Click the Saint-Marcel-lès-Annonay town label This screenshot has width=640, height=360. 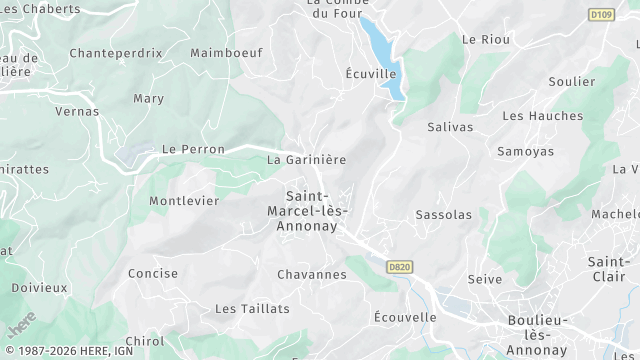(x=309, y=211)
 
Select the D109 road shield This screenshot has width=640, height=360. (x=601, y=15)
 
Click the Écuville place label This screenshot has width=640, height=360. (x=371, y=74)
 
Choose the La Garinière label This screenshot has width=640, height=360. (x=306, y=159)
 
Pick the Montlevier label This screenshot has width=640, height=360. (x=184, y=201)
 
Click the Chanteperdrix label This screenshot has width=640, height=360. (x=116, y=52)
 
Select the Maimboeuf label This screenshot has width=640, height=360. (x=225, y=52)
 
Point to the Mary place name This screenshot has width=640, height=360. (x=148, y=99)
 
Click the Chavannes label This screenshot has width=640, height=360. (x=312, y=274)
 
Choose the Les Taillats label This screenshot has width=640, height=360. (x=252, y=309)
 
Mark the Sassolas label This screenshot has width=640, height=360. (x=443, y=215)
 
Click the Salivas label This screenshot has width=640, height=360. (x=450, y=127)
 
